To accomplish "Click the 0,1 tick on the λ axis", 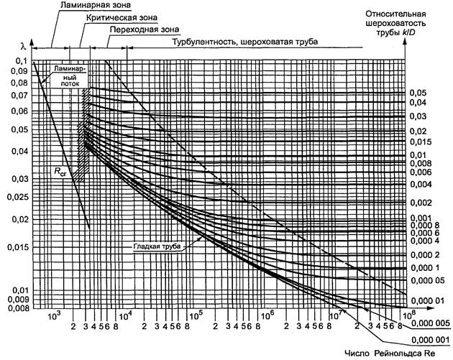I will pos(19,61).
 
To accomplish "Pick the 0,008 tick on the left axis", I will pos(15,307).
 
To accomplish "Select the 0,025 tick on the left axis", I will pos(15,195).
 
